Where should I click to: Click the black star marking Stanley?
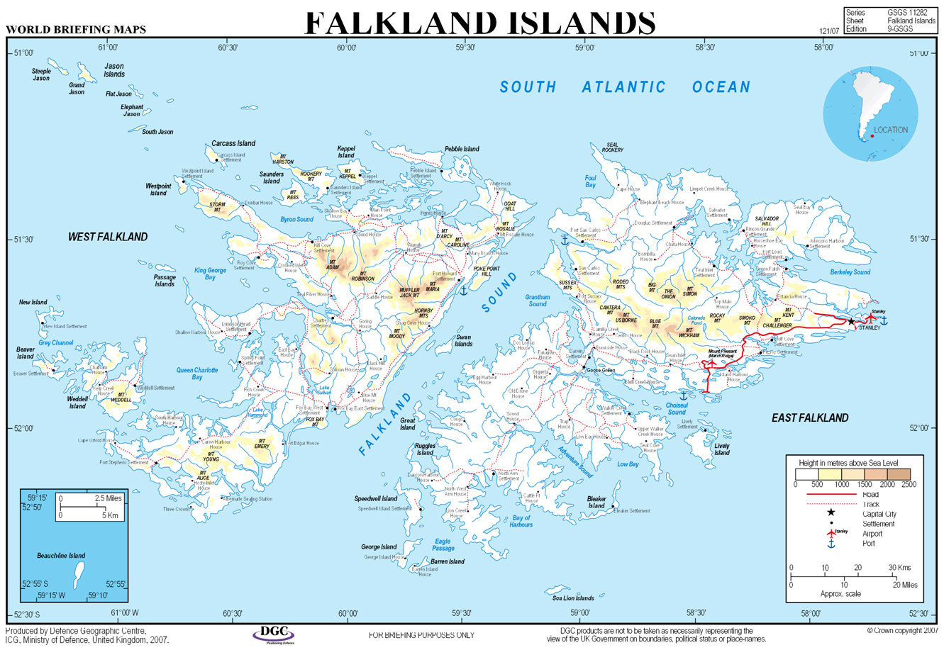(851, 322)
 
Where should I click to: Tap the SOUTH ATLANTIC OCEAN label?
(625, 87)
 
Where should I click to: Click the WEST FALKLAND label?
(108, 237)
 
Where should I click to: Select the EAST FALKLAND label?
(810, 418)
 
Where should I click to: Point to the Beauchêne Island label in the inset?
(61, 556)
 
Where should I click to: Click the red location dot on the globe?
(872, 136)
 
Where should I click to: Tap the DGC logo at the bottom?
(274, 633)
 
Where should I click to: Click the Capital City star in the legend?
(831, 512)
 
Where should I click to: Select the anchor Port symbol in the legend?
(831, 544)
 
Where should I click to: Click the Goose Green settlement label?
(600, 370)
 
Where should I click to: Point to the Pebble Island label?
(462, 150)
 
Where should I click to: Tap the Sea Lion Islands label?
(573, 598)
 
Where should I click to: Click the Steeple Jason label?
(41, 74)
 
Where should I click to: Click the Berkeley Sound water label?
(850, 272)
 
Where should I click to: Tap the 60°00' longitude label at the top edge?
(346, 48)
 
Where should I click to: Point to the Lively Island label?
(722, 449)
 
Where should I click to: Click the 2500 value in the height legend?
(909, 485)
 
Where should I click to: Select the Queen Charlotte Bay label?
(197, 374)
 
